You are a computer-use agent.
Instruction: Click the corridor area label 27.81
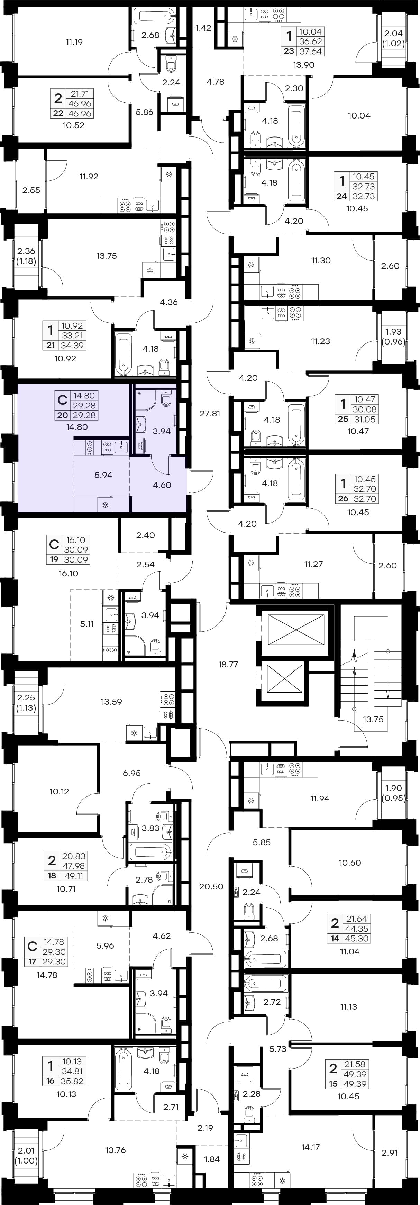210,414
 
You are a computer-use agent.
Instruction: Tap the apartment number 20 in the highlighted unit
62,415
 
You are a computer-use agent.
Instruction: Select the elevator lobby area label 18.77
228,664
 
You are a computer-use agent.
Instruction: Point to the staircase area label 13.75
373,719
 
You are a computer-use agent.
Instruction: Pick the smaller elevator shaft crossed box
285,679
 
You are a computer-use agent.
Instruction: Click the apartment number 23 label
289,51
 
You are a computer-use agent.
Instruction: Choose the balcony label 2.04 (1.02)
393,38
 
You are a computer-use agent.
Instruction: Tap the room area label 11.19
74,42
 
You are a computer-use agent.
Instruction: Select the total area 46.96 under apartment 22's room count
80,114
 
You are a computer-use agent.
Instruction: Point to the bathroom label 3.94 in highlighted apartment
162,431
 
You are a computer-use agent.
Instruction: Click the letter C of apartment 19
54,545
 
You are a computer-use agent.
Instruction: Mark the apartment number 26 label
343,499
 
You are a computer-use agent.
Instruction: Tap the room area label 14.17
310,1147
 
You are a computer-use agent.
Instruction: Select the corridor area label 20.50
211,886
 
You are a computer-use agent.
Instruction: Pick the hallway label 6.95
131,773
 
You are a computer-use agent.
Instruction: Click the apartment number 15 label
333,1084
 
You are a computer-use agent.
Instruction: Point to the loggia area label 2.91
389,1152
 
